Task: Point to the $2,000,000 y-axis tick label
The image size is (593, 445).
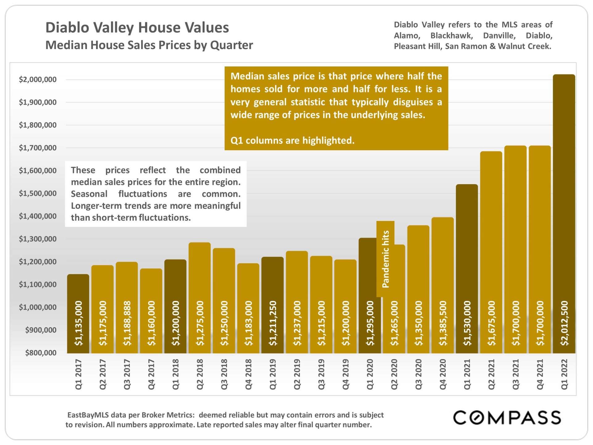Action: click(38, 79)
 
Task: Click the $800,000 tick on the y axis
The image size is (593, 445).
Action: click(41, 353)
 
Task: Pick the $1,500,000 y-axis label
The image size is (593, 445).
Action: click(38, 193)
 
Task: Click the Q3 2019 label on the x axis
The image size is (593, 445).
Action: click(321, 374)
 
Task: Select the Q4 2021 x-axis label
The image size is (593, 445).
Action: click(540, 374)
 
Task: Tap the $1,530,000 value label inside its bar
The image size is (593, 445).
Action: click(467, 323)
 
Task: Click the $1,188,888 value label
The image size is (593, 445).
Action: click(127, 323)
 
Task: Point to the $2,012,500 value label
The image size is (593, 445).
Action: click(564, 323)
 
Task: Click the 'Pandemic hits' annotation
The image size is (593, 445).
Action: click(385, 259)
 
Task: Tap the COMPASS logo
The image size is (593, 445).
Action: click(507, 418)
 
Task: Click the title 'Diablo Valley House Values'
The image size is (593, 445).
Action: click(137, 28)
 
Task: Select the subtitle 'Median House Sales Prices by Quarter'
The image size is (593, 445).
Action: click(149, 45)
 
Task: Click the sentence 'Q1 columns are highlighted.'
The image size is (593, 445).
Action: click(292, 141)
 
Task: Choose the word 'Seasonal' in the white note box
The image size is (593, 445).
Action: click(89, 194)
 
